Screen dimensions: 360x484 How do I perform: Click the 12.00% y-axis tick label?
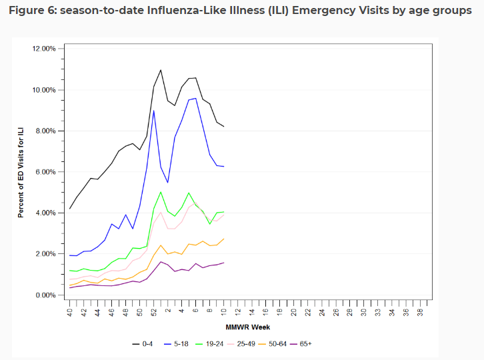pyautogui.click(x=44, y=49)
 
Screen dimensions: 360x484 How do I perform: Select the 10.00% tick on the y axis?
pyautogui.click(x=44, y=90)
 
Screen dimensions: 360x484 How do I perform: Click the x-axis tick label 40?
pyautogui.click(x=69, y=311)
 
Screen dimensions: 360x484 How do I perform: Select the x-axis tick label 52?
pyautogui.click(x=154, y=311)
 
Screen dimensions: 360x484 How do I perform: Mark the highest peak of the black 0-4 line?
pyautogui.click(x=161, y=69)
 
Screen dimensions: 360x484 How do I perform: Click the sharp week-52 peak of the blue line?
pyautogui.click(x=154, y=110)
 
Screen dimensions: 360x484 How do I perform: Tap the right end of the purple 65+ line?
pyautogui.click(x=224, y=262)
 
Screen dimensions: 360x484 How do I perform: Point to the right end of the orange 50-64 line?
pyautogui.click(x=224, y=238)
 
